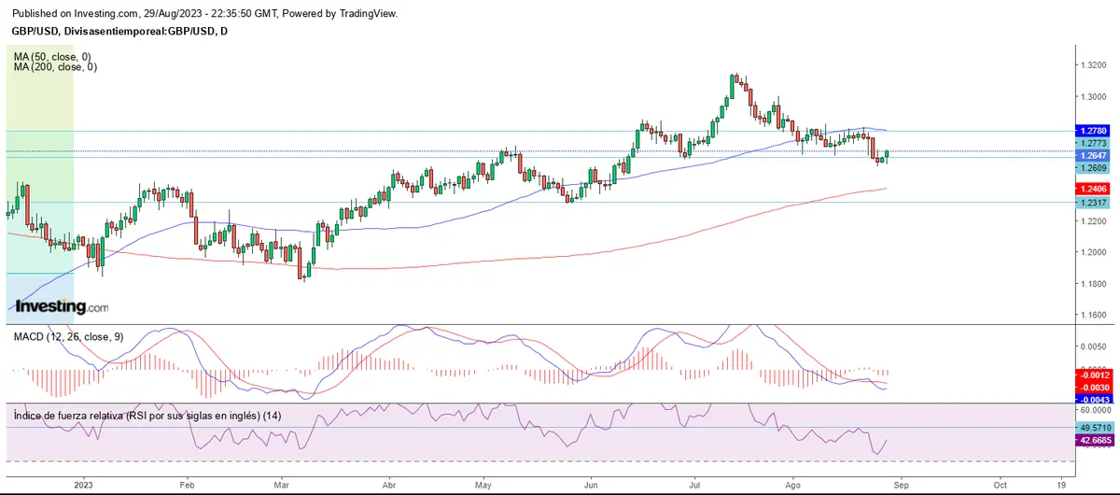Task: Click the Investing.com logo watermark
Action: click(x=61, y=306)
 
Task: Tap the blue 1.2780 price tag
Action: click(x=1091, y=131)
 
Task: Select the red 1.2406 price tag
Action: click(x=1091, y=189)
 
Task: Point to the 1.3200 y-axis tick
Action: click(x=1094, y=64)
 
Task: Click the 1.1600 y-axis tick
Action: click(x=1094, y=315)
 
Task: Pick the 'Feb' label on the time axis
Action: click(x=186, y=486)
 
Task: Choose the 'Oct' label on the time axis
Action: click(x=1000, y=486)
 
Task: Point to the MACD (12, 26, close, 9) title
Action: click(x=68, y=336)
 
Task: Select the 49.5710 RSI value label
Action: click(x=1091, y=428)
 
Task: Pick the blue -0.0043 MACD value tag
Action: click(x=1091, y=399)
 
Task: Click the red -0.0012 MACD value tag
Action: click(x=1091, y=374)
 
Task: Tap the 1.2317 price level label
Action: click(x=1091, y=203)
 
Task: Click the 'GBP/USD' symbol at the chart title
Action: click(x=31, y=31)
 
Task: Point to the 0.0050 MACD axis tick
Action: click(x=1094, y=346)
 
